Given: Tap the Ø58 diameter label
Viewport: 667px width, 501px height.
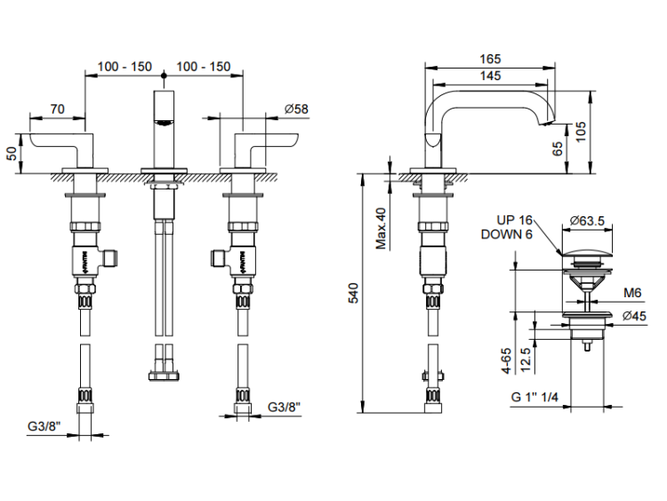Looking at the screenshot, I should click(x=296, y=109).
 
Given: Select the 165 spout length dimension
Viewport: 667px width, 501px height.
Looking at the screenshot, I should click(x=490, y=59).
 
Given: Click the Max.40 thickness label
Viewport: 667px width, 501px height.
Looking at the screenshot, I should click(x=381, y=228).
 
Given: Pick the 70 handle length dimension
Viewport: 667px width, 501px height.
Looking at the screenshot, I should click(x=57, y=109).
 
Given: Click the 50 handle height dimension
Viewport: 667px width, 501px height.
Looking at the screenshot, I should click(x=12, y=152).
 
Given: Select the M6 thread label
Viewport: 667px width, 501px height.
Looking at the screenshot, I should click(x=632, y=293).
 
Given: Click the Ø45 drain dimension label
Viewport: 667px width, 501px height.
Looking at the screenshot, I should click(x=634, y=316).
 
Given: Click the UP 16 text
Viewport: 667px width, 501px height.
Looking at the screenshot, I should click(x=514, y=220).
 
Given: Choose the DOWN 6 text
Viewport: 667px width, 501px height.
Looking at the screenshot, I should click(x=506, y=234).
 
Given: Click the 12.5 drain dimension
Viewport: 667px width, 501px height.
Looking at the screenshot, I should click(x=528, y=356).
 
